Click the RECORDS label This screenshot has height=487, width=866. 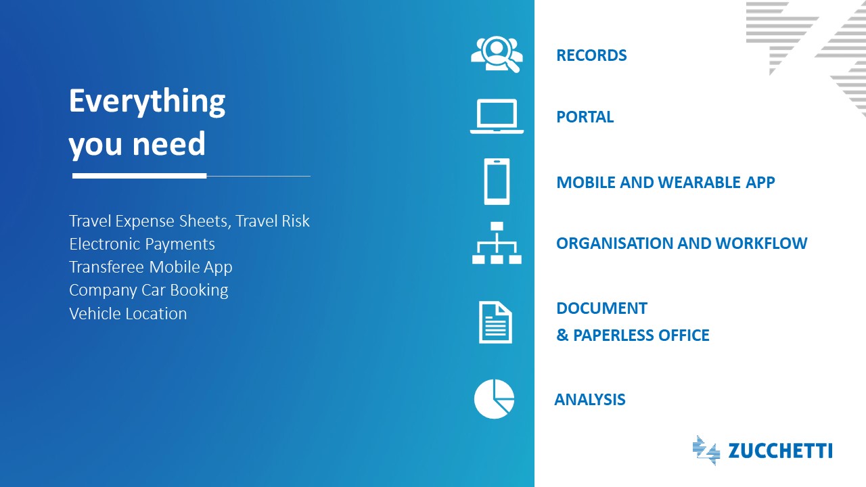point(591,55)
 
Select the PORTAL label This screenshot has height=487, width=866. point(585,117)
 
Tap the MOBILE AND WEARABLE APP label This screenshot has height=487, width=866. point(665,182)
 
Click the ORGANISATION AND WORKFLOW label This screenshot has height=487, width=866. point(681,243)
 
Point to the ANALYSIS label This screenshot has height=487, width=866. point(589,400)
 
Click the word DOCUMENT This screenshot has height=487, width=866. point(601,308)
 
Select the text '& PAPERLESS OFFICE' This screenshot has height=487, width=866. point(633,335)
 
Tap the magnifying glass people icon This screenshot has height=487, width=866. point(497,54)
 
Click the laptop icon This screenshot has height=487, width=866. point(497,116)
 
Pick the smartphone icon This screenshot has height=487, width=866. point(497,181)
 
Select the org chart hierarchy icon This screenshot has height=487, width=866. point(497,243)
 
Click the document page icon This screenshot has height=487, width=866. point(496,322)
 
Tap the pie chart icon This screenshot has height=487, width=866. point(494,399)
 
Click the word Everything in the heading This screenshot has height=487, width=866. point(147,101)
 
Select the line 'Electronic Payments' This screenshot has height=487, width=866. point(142,244)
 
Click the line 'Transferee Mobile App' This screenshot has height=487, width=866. point(151,267)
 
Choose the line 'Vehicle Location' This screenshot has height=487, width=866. point(128,314)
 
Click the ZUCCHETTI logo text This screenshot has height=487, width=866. point(780,451)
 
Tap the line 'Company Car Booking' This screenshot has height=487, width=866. point(149,290)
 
